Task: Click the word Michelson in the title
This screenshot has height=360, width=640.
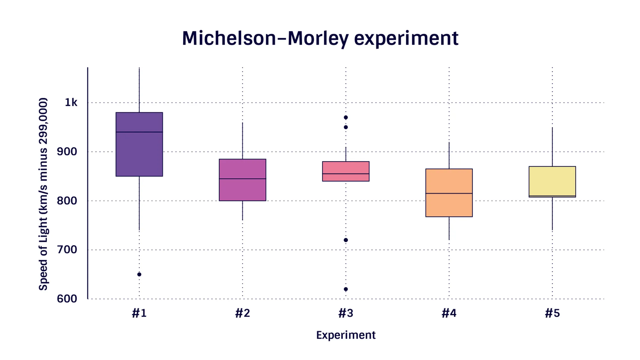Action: (x=229, y=38)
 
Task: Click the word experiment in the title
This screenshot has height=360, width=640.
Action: (x=406, y=38)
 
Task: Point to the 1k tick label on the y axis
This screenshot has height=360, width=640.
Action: (x=71, y=103)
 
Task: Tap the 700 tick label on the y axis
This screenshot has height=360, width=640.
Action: (x=67, y=250)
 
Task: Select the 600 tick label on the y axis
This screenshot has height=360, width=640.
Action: (x=67, y=299)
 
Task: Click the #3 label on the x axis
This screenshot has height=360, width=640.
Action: (x=346, y=313)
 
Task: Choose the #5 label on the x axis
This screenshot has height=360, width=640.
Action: (x=552, y=313)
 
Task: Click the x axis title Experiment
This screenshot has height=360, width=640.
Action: (x=346, y=335)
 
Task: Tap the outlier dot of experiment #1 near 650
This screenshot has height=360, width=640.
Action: (x=139, y=274)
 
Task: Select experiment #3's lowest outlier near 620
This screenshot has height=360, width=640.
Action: (x=346, y=289)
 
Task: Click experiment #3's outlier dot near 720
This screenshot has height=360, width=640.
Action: (x=346, y=240)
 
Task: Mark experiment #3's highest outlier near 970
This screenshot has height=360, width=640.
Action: (x=346, y=117)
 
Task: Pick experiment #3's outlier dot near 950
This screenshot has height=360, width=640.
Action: (x=346, y=127)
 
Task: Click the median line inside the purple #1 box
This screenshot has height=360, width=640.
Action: (x=139, y=132)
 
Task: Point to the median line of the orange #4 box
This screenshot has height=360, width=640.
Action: (x=449, y=193)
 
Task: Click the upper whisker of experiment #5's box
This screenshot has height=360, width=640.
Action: (x=552, y=147)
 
